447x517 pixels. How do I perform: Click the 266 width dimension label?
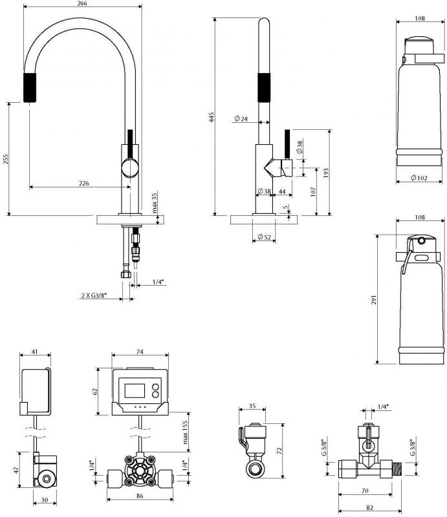coord(82,3)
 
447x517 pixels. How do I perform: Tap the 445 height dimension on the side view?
coord(212,117)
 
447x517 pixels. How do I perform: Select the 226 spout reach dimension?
coord(84,183)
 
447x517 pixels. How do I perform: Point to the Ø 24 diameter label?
coord(241,118)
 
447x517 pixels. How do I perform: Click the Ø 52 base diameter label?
coord(264,237)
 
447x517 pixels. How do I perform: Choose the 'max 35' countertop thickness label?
coord(155,202)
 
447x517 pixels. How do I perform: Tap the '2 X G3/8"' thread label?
coord(94,295)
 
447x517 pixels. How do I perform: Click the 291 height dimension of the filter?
coord(374,300)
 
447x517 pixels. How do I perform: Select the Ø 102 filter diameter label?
coord(419,178)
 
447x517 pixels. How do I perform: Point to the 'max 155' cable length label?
coord(185,432)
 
